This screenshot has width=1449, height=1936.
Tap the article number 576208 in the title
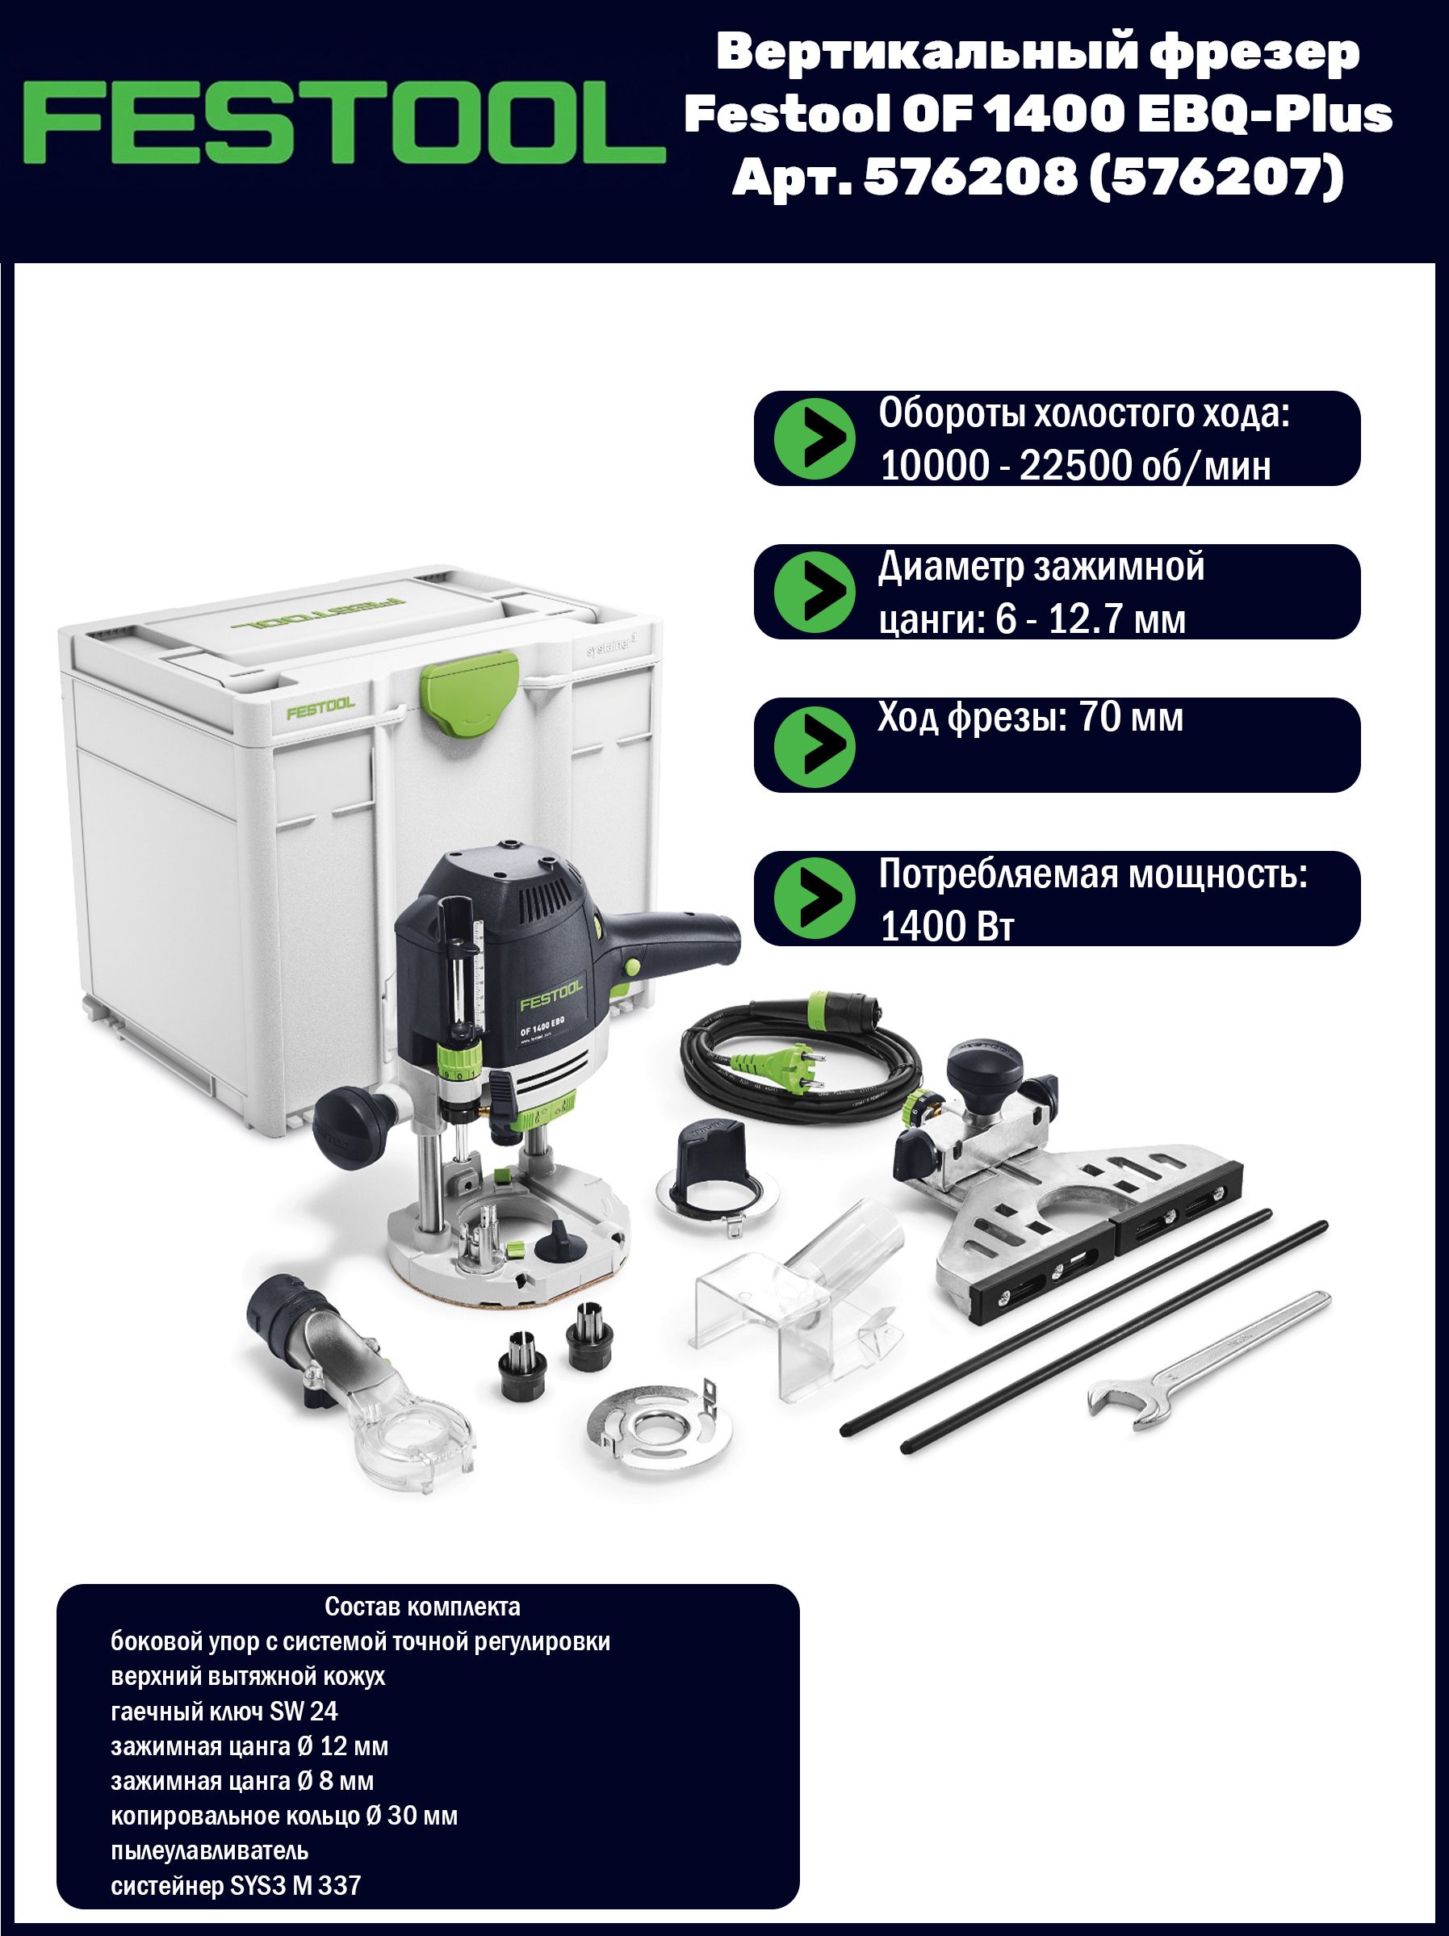point(970,178)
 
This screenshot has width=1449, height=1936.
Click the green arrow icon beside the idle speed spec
point(815,438)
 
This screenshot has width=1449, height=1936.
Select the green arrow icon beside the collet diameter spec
point(815,592)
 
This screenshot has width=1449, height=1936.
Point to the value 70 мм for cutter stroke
point(1132,719)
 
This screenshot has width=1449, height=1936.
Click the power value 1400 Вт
point(947,926)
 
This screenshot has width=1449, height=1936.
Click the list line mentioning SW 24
point(224,1712)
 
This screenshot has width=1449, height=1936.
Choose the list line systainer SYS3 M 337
point(236,1885)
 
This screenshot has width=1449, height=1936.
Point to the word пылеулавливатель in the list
point(209,1850)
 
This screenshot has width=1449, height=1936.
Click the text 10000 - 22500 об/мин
point(1075,466)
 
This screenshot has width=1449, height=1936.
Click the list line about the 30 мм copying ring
point(284,1815)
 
